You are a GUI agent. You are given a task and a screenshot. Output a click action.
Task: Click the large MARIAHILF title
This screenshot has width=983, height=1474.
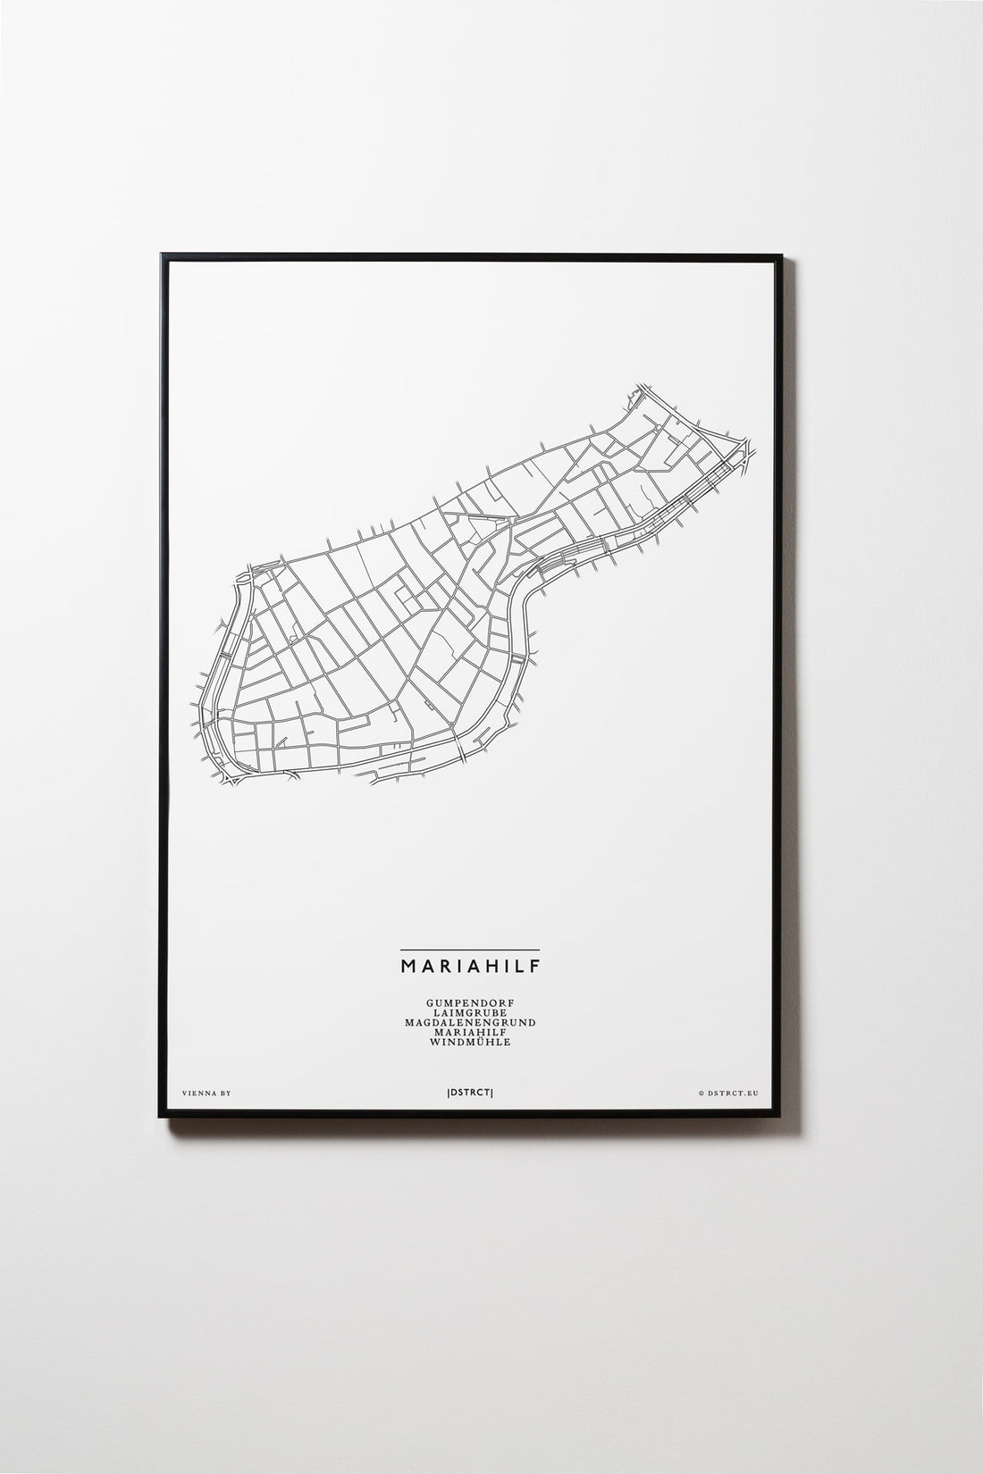[469, 966]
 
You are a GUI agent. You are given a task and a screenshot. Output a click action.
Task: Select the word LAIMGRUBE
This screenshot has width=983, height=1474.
[469, 1014]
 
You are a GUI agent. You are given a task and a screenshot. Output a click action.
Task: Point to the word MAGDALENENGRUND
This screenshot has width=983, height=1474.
[469, 1023]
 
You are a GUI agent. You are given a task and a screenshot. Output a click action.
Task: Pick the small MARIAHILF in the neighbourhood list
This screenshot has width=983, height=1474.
[469, 1033]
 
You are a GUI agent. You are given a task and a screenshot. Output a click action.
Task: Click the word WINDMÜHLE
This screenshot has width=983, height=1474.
[469, 1043]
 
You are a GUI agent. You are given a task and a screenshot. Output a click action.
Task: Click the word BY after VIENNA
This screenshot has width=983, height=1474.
[223, 1093]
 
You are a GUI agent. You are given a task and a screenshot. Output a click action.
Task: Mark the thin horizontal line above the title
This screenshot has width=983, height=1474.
[469, 949]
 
